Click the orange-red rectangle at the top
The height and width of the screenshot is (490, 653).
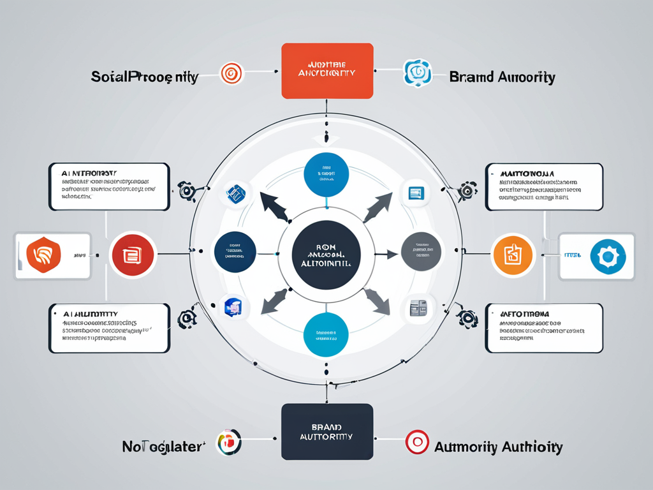coord(327,71)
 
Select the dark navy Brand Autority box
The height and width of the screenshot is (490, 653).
coord(327,431)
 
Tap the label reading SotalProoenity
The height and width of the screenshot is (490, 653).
coord(144,77)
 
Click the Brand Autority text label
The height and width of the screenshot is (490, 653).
coord(502,77)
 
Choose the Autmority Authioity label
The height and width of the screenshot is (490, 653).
coord(498,447)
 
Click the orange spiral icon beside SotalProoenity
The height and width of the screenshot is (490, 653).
coord(231,73)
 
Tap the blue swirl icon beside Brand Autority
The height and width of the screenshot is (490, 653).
coord(418,73)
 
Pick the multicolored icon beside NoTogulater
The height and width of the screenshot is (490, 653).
coord(229,442)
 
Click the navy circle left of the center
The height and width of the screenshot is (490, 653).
coord(235,252)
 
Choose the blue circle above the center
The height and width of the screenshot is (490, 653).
coord(326,174)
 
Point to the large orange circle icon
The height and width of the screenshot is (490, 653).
coord(513,254)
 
